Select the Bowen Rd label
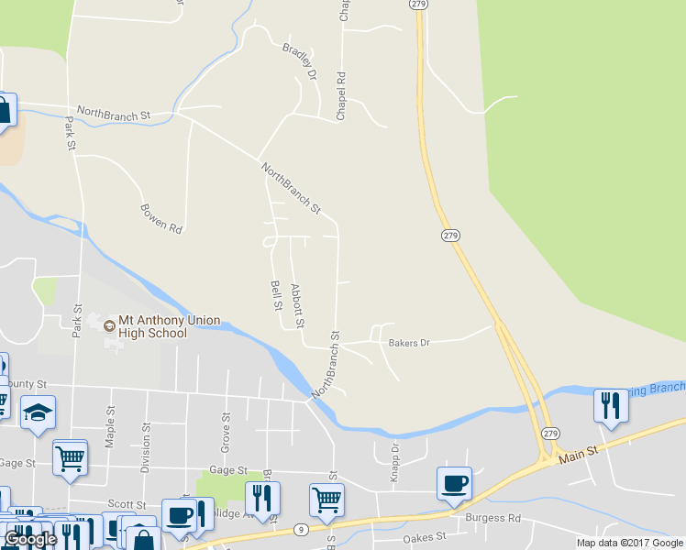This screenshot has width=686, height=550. pyautogui.click(x=161, y=216)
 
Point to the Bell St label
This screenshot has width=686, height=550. pyautogui.click(x=274, y=295)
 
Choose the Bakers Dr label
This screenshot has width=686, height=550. pyautogui.click(x=409, y=343)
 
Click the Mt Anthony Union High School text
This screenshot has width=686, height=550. pyautogui.click(x=162, y=326)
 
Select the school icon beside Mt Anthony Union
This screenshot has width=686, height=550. pyautogui.click(x=109, y=324)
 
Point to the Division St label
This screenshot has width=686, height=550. pyautogui.click(x=145, y=447)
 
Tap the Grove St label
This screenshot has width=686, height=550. pyautogui.click(x=225, y=425)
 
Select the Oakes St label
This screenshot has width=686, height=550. pyautogui.click(x=427, y=536)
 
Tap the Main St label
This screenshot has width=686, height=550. pyautogui.click(x=579, y=451)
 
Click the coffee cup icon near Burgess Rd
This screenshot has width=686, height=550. pyautogui.click(x=453, y=484)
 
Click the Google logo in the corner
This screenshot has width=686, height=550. pyautogui.click(x=30, y=539)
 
